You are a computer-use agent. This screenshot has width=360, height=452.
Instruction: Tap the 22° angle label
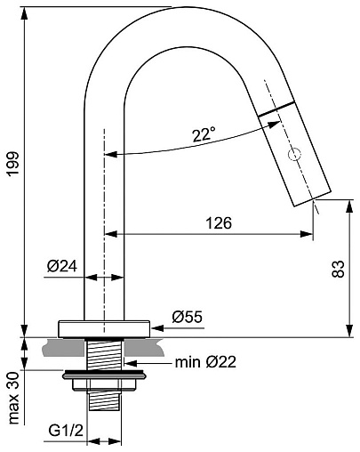204,134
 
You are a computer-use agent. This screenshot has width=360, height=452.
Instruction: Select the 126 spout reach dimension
219,223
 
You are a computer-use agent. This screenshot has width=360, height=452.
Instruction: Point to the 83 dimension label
338,269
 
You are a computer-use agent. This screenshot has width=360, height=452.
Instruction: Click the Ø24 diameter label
62,266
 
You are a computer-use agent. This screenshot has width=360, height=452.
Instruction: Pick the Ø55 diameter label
188,317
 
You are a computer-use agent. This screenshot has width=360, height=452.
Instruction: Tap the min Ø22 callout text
205,362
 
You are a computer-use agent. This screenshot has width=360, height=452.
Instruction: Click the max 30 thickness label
13,398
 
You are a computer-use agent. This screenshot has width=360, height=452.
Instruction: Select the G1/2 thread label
66,431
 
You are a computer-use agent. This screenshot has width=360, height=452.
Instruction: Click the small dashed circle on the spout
294,154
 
